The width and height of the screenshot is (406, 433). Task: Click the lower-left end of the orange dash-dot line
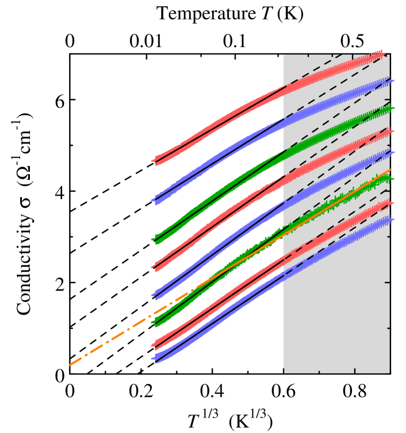70,365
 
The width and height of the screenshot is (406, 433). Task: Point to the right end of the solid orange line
390,170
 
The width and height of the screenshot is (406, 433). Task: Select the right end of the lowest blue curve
392,219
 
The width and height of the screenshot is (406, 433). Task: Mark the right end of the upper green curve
392,108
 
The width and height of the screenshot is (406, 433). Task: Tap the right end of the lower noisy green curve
392,179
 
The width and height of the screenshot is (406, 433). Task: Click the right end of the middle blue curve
392,153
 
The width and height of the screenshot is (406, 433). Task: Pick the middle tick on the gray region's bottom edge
319,371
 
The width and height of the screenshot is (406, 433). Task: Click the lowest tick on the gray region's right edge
388,328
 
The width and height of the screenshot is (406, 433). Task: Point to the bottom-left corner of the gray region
284,373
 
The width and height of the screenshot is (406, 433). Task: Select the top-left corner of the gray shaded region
284,55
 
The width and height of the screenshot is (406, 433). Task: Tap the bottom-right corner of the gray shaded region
389,373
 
